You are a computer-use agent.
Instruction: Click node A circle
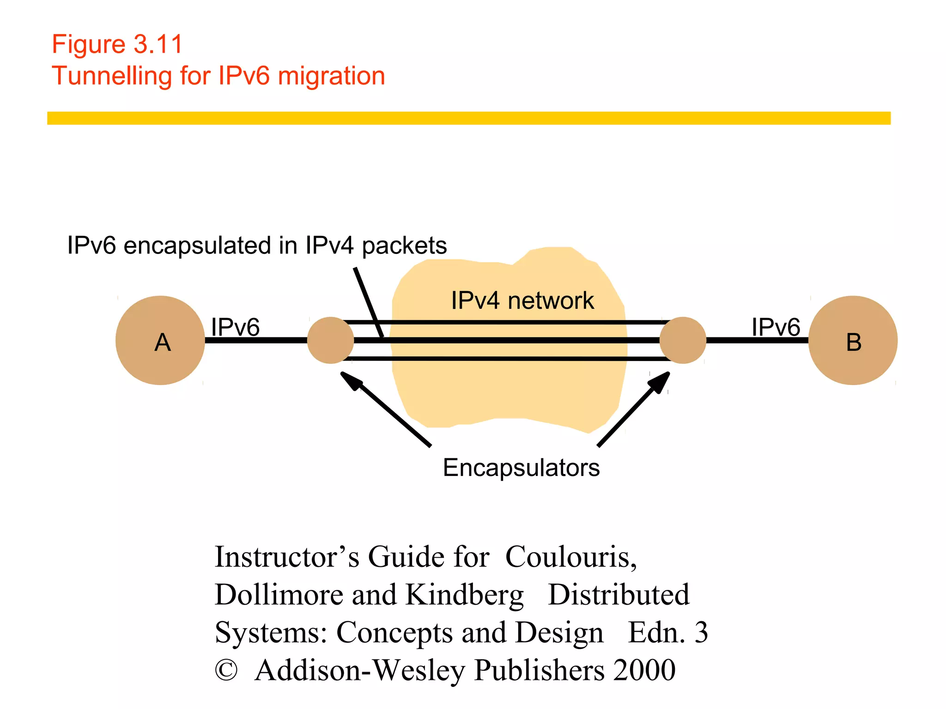click(160, 340)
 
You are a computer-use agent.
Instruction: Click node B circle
click(853, 340)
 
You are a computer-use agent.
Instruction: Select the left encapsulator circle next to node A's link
click(330, 340)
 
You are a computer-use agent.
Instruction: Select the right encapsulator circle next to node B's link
click(683, 340)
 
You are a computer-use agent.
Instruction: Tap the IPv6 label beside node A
click(235, 327)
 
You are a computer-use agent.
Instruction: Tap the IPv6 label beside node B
click(776, 327)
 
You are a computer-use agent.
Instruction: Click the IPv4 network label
click(522, 300)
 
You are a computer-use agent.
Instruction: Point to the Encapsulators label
click(521, 468)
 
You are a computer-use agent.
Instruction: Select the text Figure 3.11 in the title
click(117, 44)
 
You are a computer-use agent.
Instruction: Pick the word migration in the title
click(331, 76)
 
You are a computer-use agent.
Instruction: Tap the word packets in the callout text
click(404, 246)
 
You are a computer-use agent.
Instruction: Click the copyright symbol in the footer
click(226, 670)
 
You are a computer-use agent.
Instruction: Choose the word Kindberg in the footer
click(464, 595)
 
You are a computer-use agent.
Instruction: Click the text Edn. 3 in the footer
click(667, 632)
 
